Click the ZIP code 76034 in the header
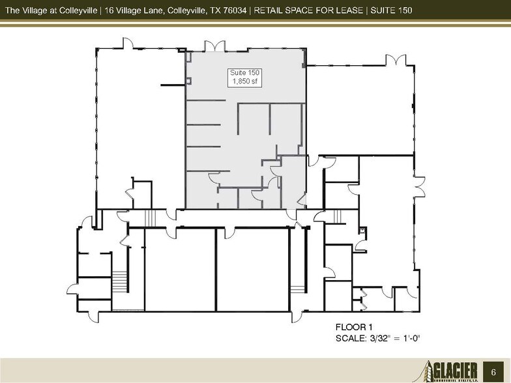234,10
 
